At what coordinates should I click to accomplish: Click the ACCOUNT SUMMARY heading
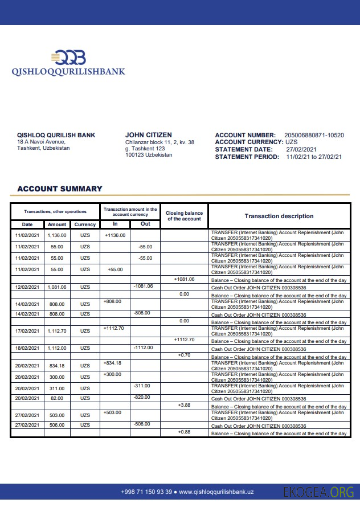coord(60,189)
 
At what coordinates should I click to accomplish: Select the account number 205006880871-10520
coord(314,135)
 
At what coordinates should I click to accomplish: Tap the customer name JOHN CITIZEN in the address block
coord(148,135)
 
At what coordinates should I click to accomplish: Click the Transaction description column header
coord(279,216)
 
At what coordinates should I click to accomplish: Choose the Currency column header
coord(85,224)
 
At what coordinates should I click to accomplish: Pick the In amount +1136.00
coord(115,234)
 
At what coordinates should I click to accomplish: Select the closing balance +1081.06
coord(185,279)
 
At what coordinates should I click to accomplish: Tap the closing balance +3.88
coord(184,405)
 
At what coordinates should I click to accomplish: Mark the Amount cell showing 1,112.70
coord(57,331)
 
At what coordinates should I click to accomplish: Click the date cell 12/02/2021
coord(26,287)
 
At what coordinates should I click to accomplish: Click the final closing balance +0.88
coord(184,432)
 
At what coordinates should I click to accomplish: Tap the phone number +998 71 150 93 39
coord(146,492)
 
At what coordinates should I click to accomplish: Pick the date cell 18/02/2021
coord(26,348)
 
